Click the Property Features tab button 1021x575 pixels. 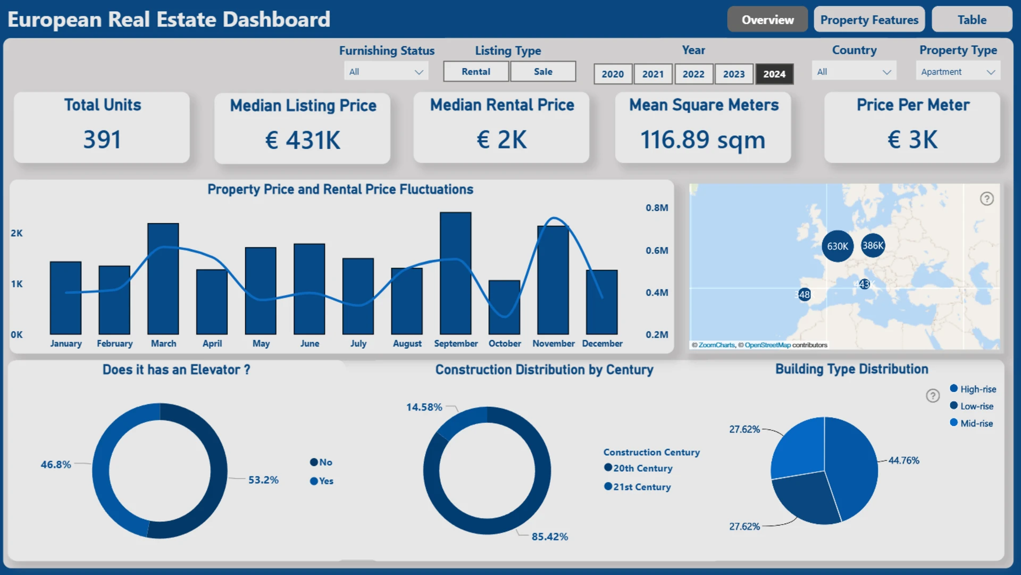tap(869, 20)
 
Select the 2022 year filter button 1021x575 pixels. tap(693, 74)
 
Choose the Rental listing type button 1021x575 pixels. tap(476, 71)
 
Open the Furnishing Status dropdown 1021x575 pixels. tap(386, 72)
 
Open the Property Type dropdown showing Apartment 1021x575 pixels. tap(958, 72)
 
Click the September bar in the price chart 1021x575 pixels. tap(456, 273)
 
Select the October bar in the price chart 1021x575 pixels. tap(504, 307)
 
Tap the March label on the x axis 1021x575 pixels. tap(163, 343)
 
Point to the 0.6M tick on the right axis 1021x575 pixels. tap(657, 250)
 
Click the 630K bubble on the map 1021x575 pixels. tap(838, 246)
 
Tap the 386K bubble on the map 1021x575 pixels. tap(873, 245)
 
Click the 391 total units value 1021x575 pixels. tap(102, 139)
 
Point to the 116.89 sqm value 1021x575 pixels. tap(702, 140)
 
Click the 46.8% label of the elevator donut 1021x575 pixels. tap(56, 464)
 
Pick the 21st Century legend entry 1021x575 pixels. tap(638, 487)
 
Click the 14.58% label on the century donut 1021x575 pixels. tap(424, 407)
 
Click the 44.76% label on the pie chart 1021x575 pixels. tap(903, 460)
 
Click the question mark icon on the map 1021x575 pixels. tap(986, 199)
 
